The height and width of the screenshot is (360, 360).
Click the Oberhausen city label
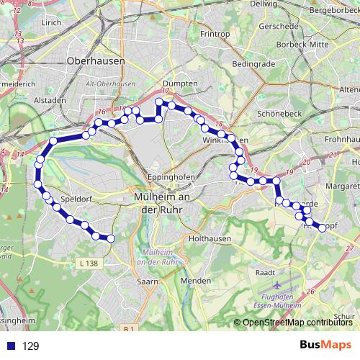(96, 61)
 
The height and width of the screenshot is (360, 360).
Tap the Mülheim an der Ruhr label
(161, 203)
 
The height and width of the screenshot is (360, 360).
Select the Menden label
(195, 279)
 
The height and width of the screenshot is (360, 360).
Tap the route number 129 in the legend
(30, 346)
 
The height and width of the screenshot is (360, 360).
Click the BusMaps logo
(325, 346)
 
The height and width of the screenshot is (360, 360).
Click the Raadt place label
(265, 273)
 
